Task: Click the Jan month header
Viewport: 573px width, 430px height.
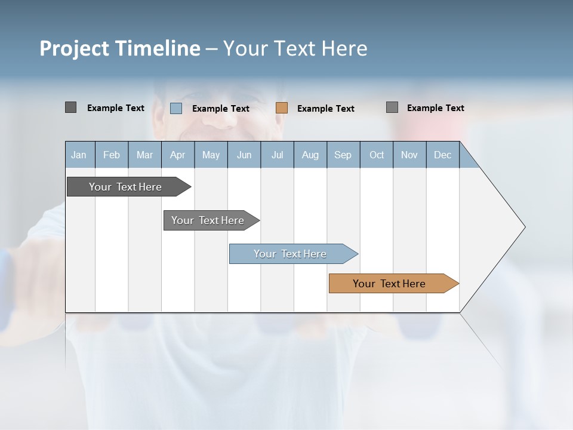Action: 79,155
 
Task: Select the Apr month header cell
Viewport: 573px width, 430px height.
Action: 178,155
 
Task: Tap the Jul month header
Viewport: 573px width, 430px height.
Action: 277,155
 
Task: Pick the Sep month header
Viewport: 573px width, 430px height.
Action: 343,155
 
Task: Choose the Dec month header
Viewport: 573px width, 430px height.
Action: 442,155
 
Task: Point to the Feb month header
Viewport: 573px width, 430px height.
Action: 112,155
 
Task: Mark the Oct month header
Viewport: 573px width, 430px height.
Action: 377,155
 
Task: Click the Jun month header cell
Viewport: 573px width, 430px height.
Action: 244,155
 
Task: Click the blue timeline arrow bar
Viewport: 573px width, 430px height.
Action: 291,254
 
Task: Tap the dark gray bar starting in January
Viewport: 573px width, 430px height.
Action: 126,187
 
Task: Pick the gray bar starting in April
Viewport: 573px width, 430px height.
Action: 208,220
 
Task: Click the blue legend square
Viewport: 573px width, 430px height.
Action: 176,108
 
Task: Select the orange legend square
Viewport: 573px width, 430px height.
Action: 282,108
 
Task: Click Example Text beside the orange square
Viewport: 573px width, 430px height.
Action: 326,109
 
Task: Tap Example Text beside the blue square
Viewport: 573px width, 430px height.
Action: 221,109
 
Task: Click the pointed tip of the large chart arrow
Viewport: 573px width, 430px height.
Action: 524,226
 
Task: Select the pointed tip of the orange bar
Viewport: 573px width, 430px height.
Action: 457,284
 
